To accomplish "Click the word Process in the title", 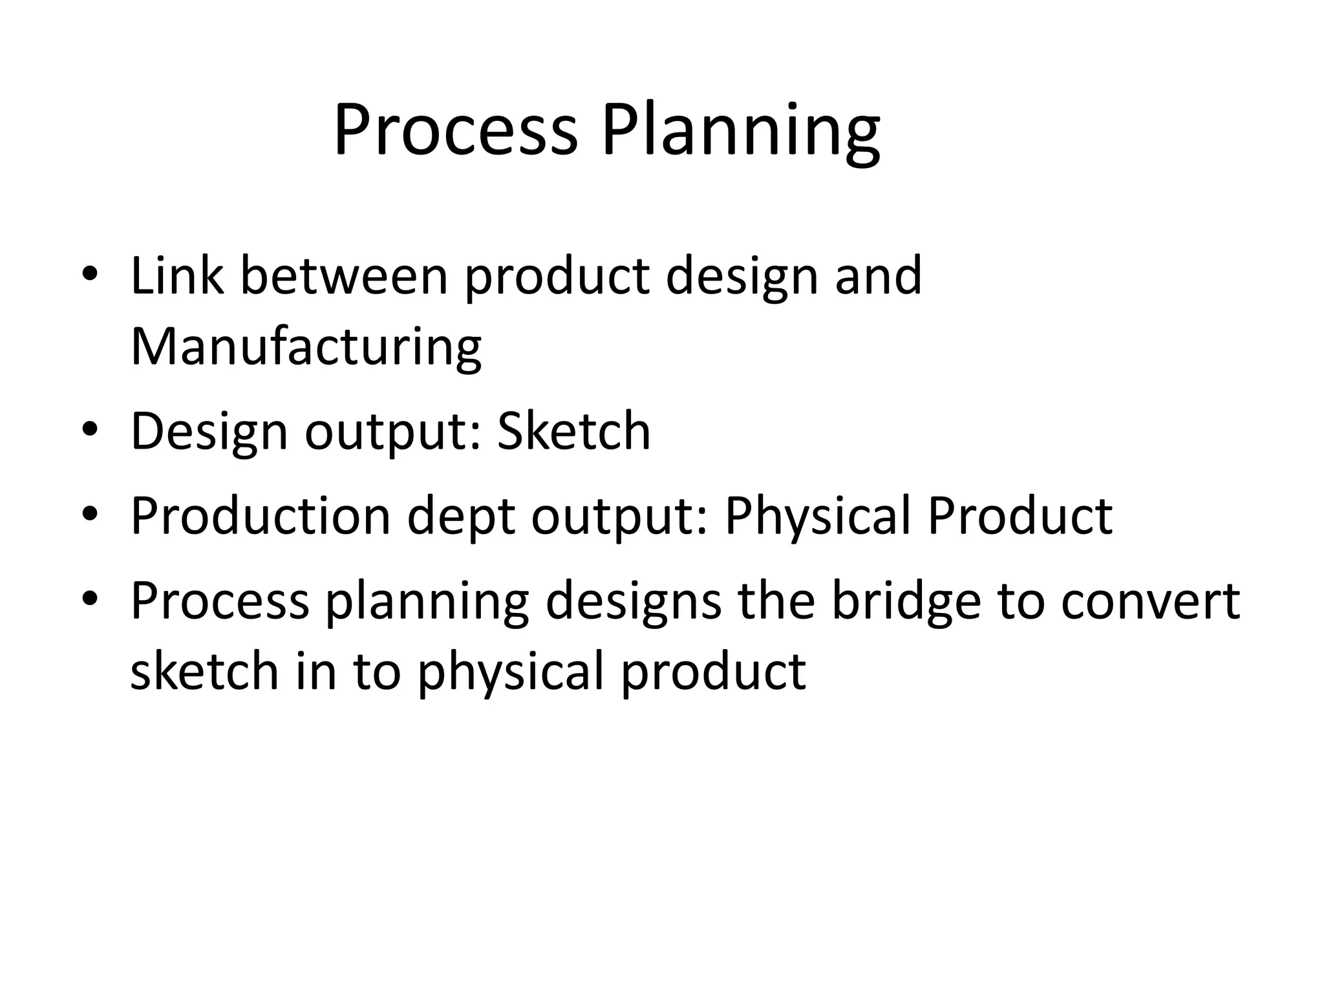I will pos(455,131).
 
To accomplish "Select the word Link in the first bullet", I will pos(177,276).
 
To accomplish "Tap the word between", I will pos(345,276).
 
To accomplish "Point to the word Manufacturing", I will pos(306,348).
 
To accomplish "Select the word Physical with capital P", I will pos(817,517).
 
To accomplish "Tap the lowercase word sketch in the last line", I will pos(204,671).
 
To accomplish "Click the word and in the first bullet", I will pos(878,276).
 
